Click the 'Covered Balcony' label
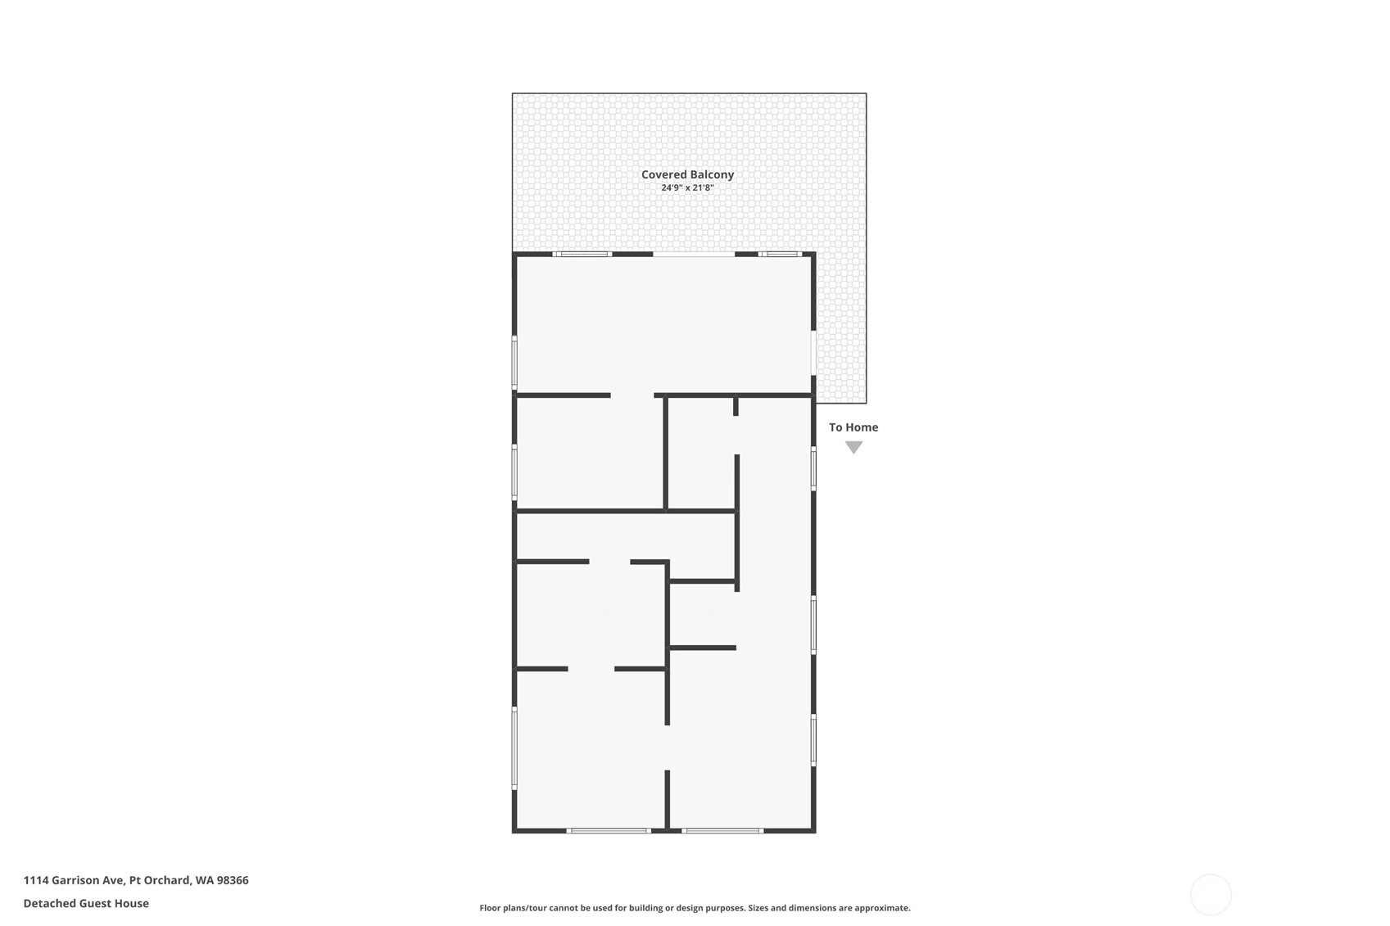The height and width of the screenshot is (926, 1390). click(687, 175)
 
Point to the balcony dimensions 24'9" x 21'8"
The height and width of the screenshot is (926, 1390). click(687, 188)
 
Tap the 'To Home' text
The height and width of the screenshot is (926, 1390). click(853, 427)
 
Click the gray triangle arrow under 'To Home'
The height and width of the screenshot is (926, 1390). click(853, 447)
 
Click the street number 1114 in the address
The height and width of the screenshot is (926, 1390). click(35, 880)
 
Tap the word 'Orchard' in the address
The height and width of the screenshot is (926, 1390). click(168, 880)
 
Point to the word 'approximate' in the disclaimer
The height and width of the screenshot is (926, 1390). click(882, 908)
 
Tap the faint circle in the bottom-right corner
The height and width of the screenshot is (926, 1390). click(1211, 894)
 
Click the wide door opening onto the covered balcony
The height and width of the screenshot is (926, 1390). click(694, 255)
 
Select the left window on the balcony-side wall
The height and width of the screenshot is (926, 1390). click(582, 255)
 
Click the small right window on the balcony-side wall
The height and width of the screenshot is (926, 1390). click(780, 255)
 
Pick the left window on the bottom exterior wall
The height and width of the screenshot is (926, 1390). click(609, 830)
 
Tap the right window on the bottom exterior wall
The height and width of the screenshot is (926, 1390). click(722, 830)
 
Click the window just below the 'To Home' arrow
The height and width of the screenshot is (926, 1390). click(813, 469)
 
